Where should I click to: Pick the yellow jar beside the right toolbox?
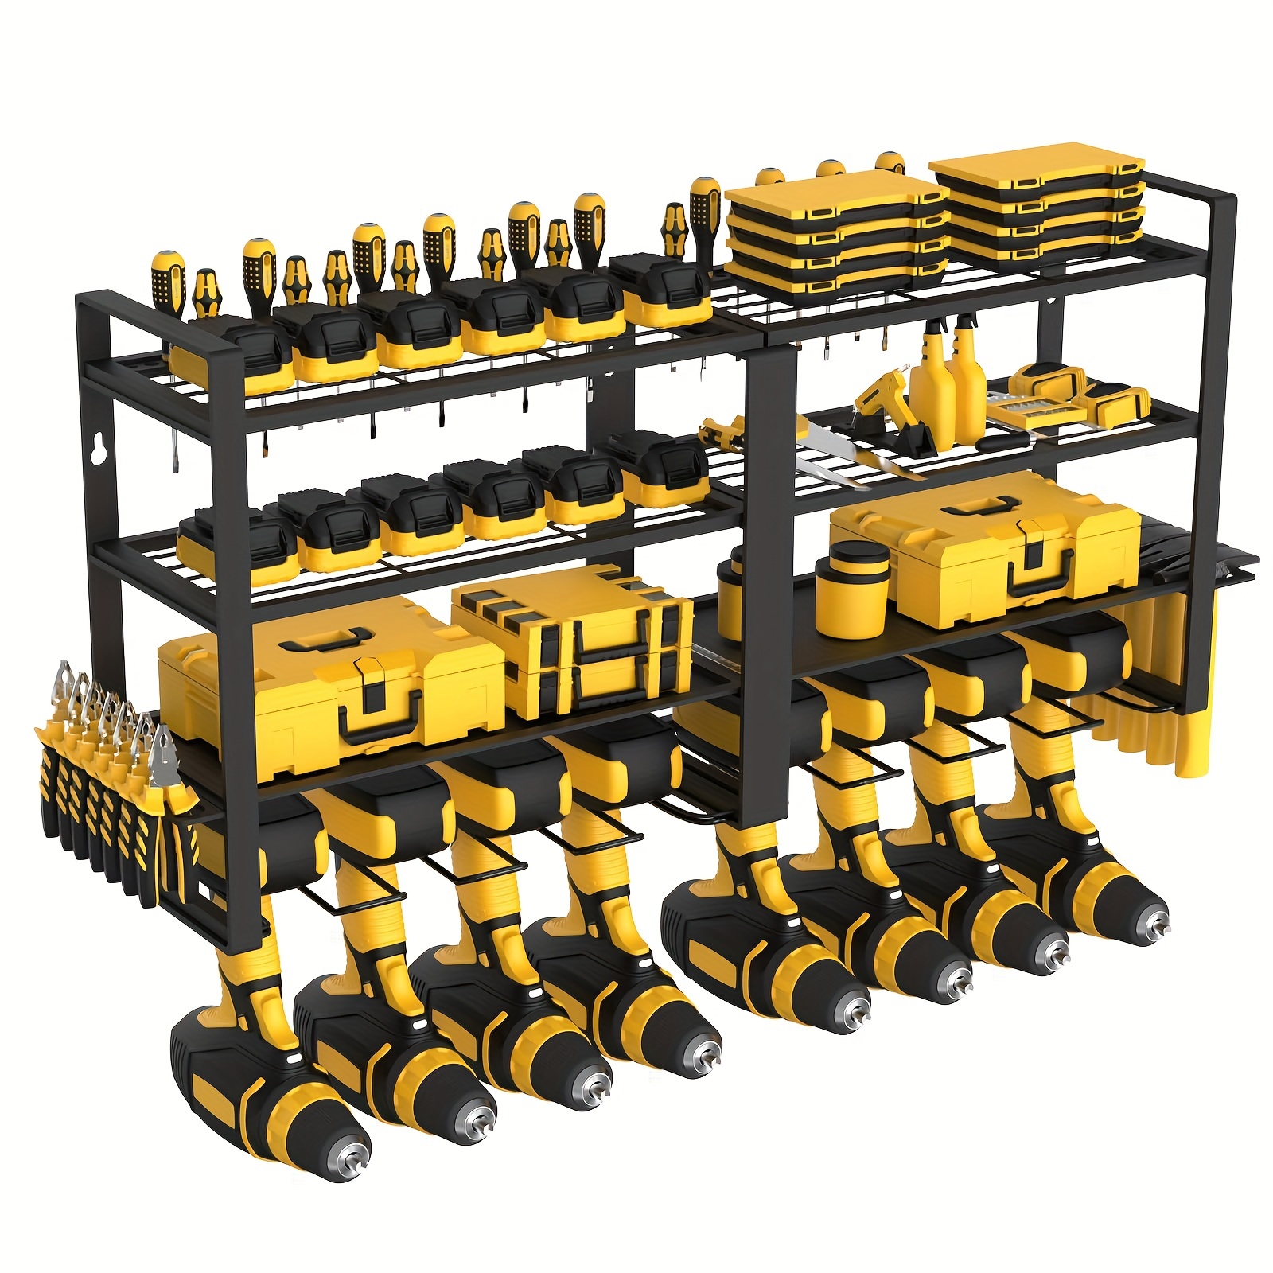click(x=850, y=589)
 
